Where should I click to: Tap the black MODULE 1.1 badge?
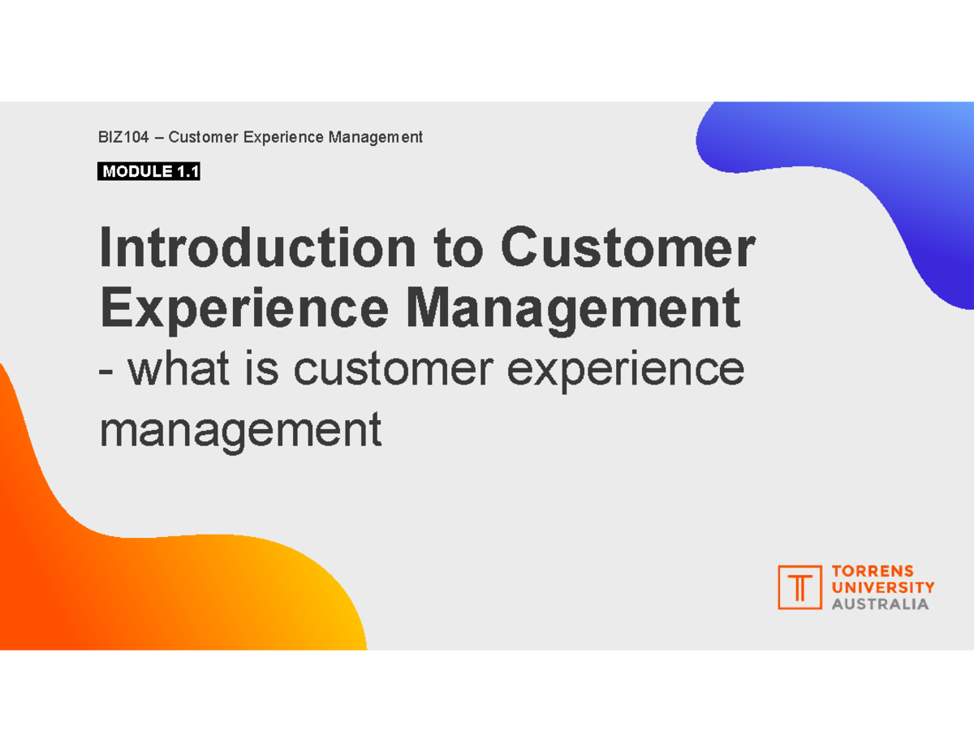point(149,172)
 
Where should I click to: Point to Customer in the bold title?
point(628,250)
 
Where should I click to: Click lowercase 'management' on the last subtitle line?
point(239,430)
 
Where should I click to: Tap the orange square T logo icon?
point(799,587)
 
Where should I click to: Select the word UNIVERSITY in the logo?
point(882,587)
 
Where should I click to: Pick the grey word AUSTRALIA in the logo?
point(880,604)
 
